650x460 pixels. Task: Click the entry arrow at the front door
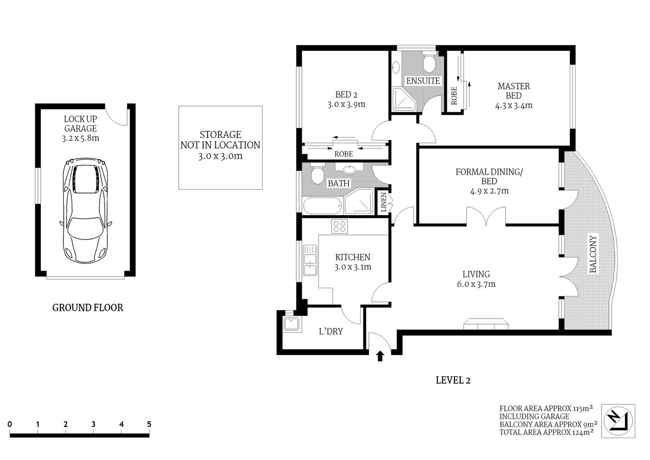[380, 356]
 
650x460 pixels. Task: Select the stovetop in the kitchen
[340, 226]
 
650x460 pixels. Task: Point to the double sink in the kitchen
[310, 260]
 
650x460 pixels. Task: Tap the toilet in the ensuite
[429, 62]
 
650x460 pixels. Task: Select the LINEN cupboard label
[383, 202]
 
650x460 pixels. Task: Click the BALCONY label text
[593, 254]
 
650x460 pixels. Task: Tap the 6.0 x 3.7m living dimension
[476, 284]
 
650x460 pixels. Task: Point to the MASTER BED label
[513, 91]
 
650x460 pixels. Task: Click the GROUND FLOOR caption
[87, 308]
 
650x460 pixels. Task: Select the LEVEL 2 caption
[453, 380]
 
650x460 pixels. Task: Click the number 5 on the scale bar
[149, 424]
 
